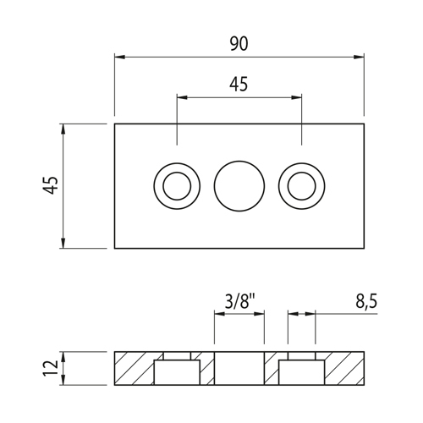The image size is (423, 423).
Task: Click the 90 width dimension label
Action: (x=239, y=44)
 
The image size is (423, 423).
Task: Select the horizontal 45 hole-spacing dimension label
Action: (x=239, y=85)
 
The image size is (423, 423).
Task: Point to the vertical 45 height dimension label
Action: (x=50, y=185)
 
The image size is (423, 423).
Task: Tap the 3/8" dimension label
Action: (x=239, y=302)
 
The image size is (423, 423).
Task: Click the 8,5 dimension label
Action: (x=366, y=302)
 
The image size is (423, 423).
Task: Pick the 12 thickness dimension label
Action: (x=50, y=368)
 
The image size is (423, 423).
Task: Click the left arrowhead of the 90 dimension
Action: (x=119, y=57)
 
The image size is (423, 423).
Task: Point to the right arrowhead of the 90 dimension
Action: (x=359, y=57)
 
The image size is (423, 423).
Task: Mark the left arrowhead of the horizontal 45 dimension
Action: (x=182, y=97)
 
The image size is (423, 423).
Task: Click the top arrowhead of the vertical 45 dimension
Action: (x=63, y=129)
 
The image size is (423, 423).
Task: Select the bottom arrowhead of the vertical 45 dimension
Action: (x=63, y=243)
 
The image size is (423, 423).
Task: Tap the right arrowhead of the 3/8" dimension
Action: (x=259, y=314)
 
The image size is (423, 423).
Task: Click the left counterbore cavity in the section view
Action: (x=177, y=372)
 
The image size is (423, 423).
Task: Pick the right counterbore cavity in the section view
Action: (x=301, y=372)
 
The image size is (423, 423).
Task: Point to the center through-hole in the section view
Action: (x=239, y=368)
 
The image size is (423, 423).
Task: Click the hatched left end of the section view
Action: (x=134, y=368)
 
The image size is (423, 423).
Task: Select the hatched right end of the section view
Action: (x=344, y=368)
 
